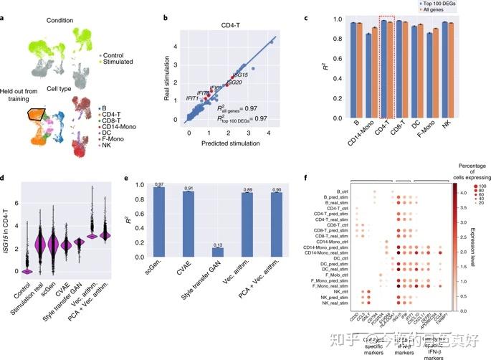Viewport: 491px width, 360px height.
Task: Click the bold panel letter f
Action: tap(287, 177)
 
